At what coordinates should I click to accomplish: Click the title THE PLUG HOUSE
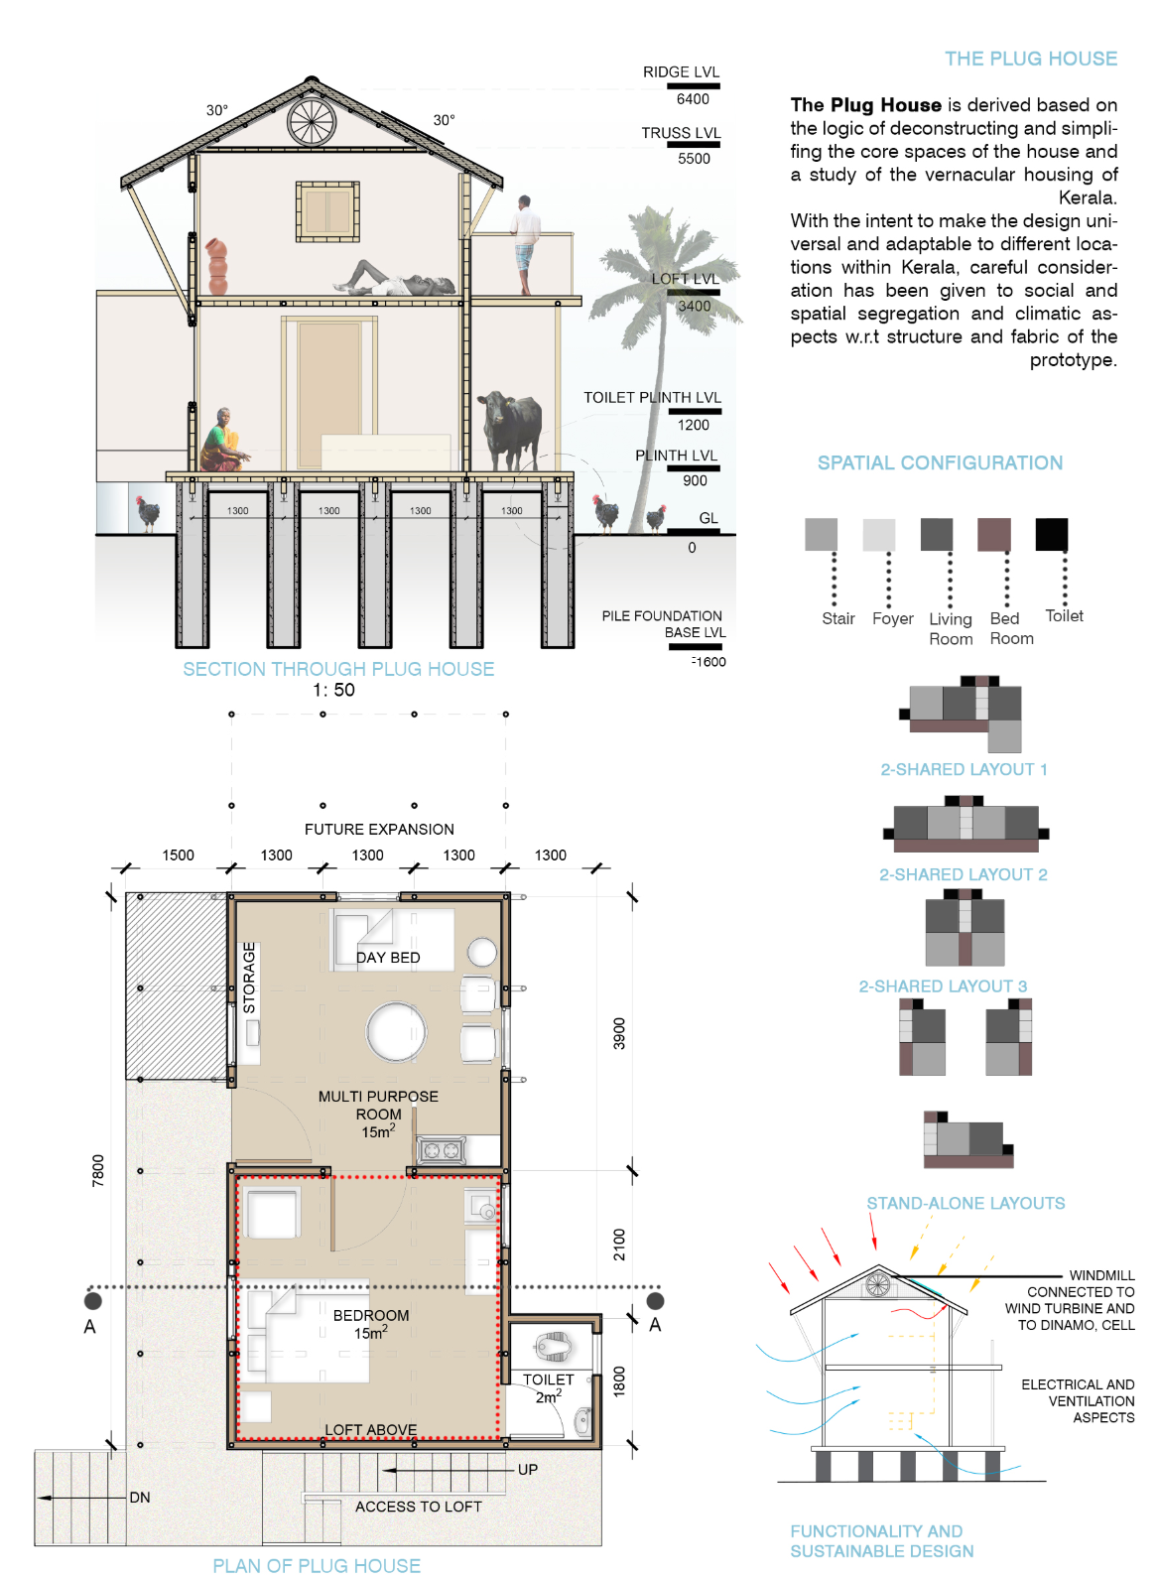(1030, 59)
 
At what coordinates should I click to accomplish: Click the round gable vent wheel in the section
(312, 122)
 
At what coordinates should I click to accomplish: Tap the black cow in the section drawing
(512, 426)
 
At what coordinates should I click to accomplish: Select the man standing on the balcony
(526, 243)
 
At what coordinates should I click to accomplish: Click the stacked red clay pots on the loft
(217, 265)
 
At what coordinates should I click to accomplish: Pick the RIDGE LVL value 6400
(693, 99)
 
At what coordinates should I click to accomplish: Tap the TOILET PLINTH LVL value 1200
(693, 425)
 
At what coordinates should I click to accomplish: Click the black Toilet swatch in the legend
(1051, 534)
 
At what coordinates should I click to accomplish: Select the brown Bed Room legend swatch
(993, 534)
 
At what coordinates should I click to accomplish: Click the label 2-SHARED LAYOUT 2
(963, 874)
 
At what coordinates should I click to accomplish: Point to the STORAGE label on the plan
(249, 978)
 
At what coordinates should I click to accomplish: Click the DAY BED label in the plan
(388, 958)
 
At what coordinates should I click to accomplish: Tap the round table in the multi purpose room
(396, 1031)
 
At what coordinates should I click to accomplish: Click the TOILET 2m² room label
(548, 1387)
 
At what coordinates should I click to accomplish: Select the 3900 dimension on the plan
(619, 1033)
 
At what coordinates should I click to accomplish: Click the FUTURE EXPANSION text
(379, 829)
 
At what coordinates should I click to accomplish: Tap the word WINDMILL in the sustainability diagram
(1101, 1275)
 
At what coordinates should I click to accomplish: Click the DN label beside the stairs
(140, 1497)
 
